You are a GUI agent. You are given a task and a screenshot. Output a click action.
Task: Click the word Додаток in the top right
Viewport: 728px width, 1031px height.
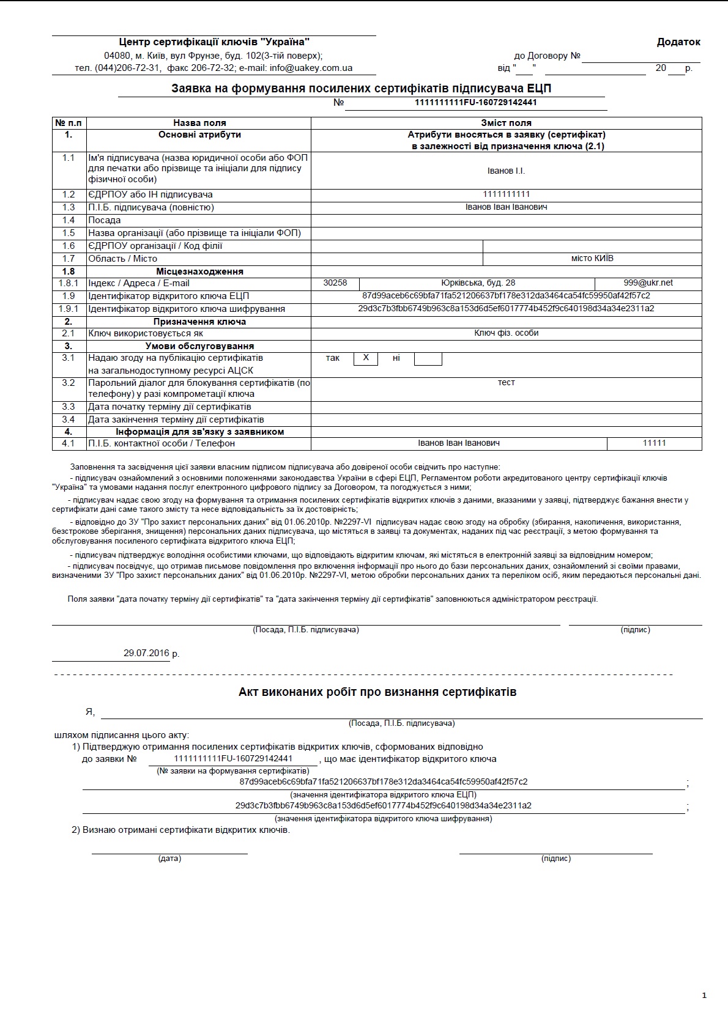(678, 42)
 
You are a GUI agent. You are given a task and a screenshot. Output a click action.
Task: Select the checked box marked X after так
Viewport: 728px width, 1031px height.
(366, 358)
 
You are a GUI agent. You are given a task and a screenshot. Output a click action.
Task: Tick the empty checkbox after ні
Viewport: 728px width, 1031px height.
(428, 359)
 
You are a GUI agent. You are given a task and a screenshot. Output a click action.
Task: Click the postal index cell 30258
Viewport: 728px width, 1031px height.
(335, 283)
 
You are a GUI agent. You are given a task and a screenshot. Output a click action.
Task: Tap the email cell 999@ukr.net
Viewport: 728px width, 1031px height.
(648, 283)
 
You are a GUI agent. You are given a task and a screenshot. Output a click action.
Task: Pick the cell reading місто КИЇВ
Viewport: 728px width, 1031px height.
(592, 259)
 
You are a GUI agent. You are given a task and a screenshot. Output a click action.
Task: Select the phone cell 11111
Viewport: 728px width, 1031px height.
(654, 443)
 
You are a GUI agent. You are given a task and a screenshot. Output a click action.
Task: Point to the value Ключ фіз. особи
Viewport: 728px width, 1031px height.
(506, 333)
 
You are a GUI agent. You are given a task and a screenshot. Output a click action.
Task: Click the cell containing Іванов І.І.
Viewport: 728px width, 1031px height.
(506, 171)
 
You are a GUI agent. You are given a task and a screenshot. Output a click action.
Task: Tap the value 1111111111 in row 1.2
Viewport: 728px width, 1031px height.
(506, 194)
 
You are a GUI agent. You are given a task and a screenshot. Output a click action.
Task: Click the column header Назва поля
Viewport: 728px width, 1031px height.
(199, 123)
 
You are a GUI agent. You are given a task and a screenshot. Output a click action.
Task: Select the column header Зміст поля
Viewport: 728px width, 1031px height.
(506, 123)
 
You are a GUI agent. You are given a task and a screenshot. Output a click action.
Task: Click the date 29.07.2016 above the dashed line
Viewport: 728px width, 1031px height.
(146, 653)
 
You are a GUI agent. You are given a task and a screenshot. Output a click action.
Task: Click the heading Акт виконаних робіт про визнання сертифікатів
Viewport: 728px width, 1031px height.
(377, 692)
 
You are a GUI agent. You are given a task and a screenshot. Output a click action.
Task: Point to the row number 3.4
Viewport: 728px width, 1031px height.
(69, 419)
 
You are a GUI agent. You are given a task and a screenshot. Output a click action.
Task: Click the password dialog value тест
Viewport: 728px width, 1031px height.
(506, 383)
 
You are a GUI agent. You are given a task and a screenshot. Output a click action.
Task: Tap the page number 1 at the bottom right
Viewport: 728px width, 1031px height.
(704, 996)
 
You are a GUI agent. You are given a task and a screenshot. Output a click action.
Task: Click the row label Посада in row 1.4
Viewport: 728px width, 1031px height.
(105, 220)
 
